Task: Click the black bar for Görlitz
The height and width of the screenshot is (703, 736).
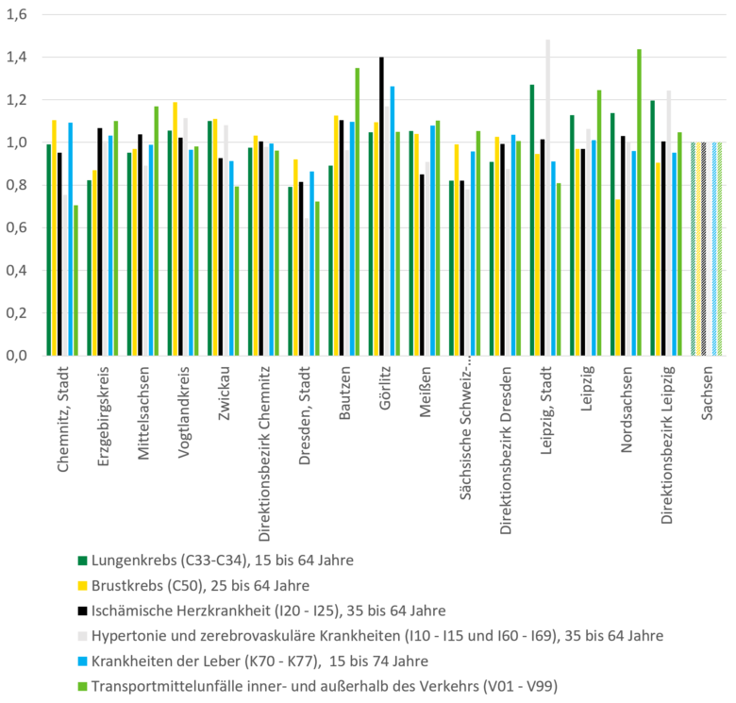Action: (x=382, y=206)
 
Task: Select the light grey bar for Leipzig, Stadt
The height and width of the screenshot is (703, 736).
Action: (x=548, y=197)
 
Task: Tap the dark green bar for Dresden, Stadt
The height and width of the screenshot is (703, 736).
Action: (x=291, y=271)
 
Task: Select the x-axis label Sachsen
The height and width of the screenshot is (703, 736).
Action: (x=708, y=394)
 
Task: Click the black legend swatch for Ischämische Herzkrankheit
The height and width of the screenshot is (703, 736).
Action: (x=82, y=611)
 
